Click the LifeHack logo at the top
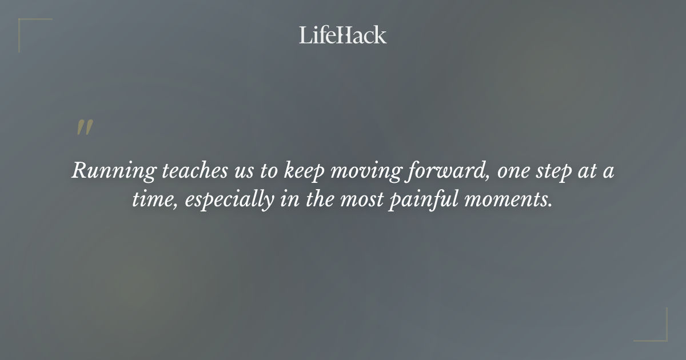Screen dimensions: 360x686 (343, 35)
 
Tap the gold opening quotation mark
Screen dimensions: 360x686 (85, 128)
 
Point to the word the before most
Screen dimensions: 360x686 (317, 201)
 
